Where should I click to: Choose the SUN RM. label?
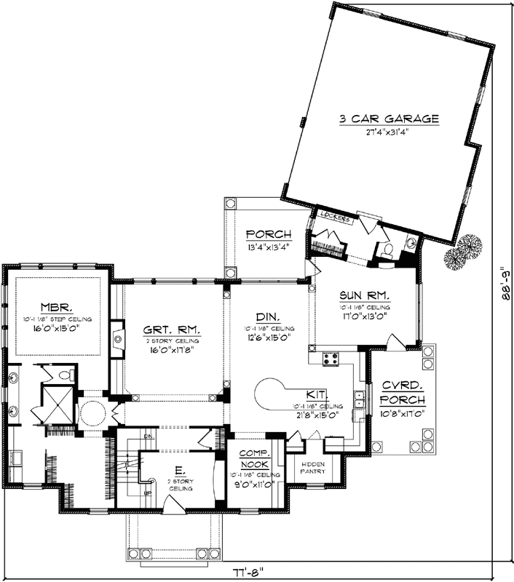365,295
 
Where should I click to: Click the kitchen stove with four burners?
330,358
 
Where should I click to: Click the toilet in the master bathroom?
65,375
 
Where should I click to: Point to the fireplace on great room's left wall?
116,336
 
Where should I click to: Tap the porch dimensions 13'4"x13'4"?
268,246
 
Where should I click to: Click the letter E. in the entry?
178,472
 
